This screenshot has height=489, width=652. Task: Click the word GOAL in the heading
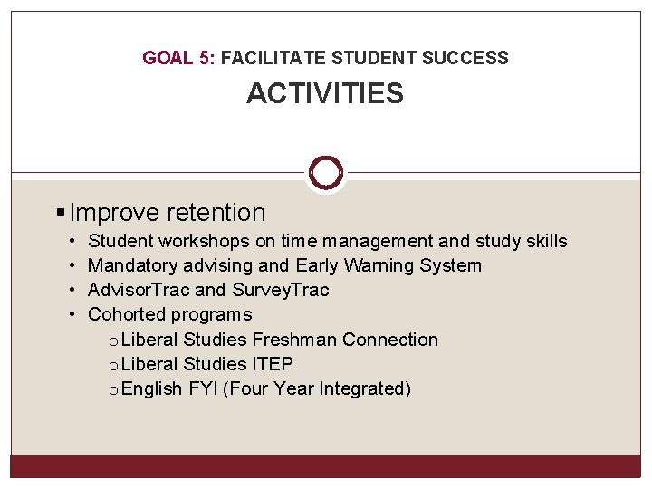tap(167, 59)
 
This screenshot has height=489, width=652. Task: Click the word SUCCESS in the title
tap(465, 59)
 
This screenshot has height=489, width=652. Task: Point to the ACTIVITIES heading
tap(325, 93)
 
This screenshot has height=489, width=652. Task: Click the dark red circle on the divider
tap(325, 172)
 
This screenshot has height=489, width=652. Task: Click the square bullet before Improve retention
tap(61, 214)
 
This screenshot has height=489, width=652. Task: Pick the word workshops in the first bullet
tap(204, 242)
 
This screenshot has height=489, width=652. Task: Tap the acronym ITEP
tap(273, 365)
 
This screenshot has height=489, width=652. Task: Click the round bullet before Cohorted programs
tap(72, 315)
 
